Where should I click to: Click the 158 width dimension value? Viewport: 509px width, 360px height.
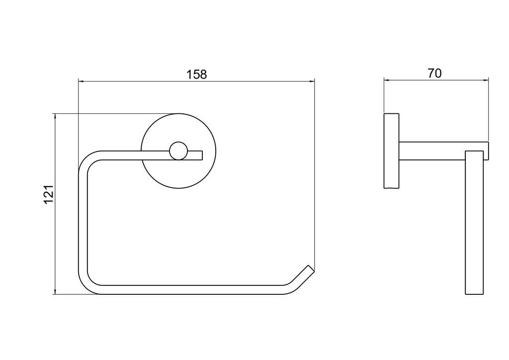[196, 75]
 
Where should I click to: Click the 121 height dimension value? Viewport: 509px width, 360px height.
[48, 194]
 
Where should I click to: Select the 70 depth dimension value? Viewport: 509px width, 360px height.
[434, 74]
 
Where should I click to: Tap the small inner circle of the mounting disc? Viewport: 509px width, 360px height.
[178, 151]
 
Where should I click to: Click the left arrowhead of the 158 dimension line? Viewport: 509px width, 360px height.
[82, 81]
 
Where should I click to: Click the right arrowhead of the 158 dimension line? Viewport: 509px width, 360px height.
[312, 81]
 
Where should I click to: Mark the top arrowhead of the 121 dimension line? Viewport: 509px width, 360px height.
[55, 117]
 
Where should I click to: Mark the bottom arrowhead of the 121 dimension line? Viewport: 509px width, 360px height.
[55, 291]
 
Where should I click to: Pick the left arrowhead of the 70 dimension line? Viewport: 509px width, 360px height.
[387, 79]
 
